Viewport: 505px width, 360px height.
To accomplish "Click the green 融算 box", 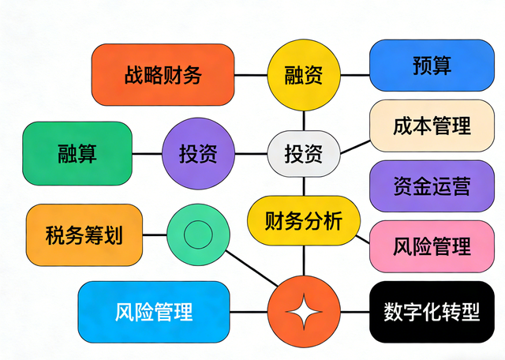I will coord(77,153).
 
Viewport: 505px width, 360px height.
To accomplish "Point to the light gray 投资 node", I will coord(304,153).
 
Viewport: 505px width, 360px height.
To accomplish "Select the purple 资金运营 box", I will coord(432,186).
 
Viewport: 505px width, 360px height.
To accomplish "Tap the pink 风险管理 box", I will coord(432,246).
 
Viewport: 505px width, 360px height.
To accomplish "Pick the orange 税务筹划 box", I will coord(84,234).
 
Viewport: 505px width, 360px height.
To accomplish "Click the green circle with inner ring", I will coord(197,234).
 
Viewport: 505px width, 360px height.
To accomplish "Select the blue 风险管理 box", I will coord(153,311).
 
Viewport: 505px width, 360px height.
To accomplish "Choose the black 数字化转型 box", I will coord(432,311).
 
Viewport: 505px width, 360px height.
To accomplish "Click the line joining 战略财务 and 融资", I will coord(251,76).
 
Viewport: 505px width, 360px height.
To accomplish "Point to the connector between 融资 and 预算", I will coord(354,76).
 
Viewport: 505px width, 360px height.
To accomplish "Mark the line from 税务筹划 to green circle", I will coord(155,234).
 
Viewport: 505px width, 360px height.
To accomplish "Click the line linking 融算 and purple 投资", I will coord(147,153).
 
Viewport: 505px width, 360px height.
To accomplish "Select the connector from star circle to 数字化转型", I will coord(354,312).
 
